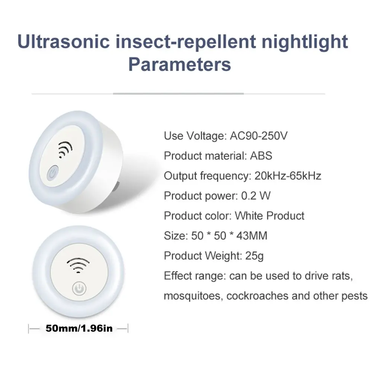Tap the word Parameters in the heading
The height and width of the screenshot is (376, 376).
coord(179,64)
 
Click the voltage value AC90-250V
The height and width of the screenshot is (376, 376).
coord(258,136)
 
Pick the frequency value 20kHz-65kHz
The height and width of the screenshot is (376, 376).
coord(288,175)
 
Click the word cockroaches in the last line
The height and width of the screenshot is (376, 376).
coord(256,296)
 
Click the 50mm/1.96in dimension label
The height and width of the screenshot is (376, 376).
coord(79,328)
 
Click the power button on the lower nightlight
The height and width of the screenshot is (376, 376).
coord(78,289)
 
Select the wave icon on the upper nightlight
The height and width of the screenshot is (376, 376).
coord(66,150)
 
